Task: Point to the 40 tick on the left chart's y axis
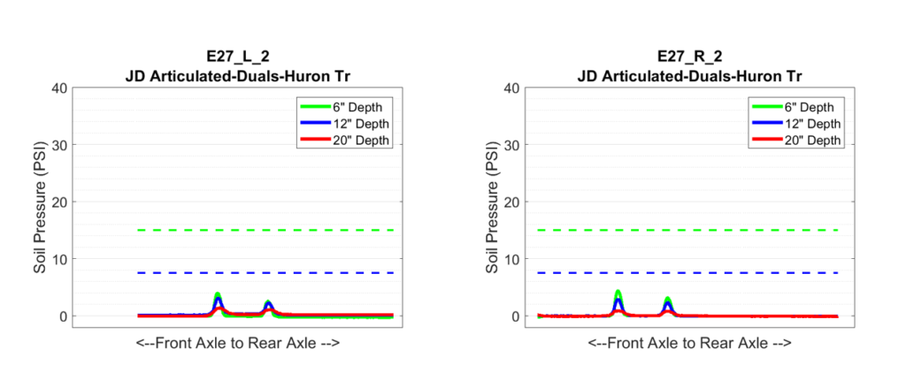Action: tap(58, 87)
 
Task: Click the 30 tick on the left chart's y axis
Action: tap(58, 145)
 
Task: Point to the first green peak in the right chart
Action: tap(618, 293)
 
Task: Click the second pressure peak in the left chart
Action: tap(268, 303)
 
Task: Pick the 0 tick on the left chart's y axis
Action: tap(62, 316)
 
